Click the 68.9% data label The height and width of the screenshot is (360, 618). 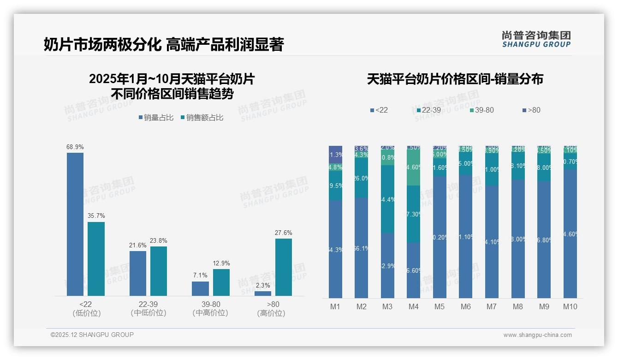point(75,147)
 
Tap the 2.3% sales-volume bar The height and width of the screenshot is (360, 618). point(263,293)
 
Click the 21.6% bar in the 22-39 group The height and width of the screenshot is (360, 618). point(138,273)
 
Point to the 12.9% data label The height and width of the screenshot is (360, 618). point(221,263)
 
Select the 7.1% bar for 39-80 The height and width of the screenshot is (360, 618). point(200,288)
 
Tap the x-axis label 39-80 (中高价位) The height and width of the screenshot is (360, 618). point(210,308)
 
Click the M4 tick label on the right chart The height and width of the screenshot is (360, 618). point(413,306)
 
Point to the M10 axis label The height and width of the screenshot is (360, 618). point(570,306)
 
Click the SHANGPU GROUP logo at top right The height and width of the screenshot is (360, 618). point(536,39)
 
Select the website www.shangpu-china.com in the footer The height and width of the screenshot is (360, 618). point(537,335)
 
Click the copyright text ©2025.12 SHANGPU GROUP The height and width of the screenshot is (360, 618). point(92,335)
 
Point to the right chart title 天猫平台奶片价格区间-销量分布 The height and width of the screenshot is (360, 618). point(455,79)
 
